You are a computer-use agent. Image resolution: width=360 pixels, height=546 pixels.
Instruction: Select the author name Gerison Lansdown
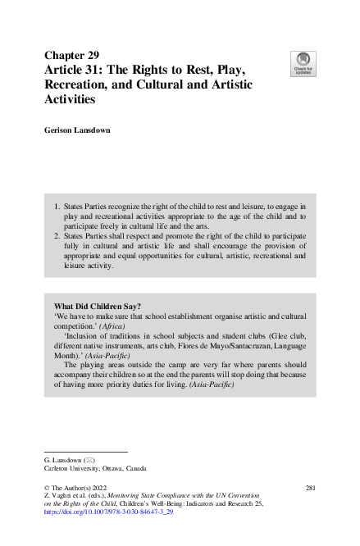point(83,130)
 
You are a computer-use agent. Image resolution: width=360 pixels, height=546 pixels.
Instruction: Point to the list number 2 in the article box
point(57,235)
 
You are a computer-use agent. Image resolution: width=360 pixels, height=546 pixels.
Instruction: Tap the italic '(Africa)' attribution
point(116,325)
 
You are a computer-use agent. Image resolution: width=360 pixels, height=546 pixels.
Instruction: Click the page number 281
point(310,487)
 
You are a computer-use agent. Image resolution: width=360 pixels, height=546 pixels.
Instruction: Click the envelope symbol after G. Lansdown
point(88,460)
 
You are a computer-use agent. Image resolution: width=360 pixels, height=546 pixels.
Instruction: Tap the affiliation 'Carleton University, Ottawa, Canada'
point(95,468)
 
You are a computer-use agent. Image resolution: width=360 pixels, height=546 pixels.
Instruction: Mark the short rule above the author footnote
point(85,451)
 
